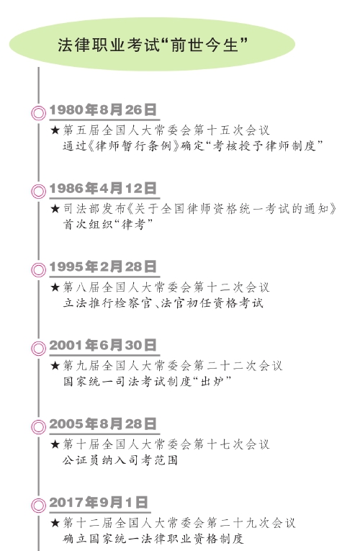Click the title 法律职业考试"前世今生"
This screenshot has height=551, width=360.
click(153, 45)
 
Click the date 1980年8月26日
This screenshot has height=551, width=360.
click(102, 109)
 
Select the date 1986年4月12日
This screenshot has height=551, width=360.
click(102, 189)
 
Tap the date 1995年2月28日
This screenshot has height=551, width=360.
click(102, 266)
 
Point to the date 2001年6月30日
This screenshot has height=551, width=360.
click(102, 345)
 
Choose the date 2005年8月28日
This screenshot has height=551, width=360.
click(102, 424)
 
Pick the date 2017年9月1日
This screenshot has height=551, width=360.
click(99, 502)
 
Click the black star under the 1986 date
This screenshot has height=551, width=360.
click(55, 209)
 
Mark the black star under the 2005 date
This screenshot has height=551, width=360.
click(55, 444)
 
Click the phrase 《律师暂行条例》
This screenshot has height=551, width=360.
click(133, 145)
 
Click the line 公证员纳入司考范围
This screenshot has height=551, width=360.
click(120, 460)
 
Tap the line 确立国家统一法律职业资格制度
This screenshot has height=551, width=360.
click(153, 538)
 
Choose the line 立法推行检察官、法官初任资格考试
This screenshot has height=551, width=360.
click(163, 303)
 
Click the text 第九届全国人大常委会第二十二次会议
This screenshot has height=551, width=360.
click(173, 366)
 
